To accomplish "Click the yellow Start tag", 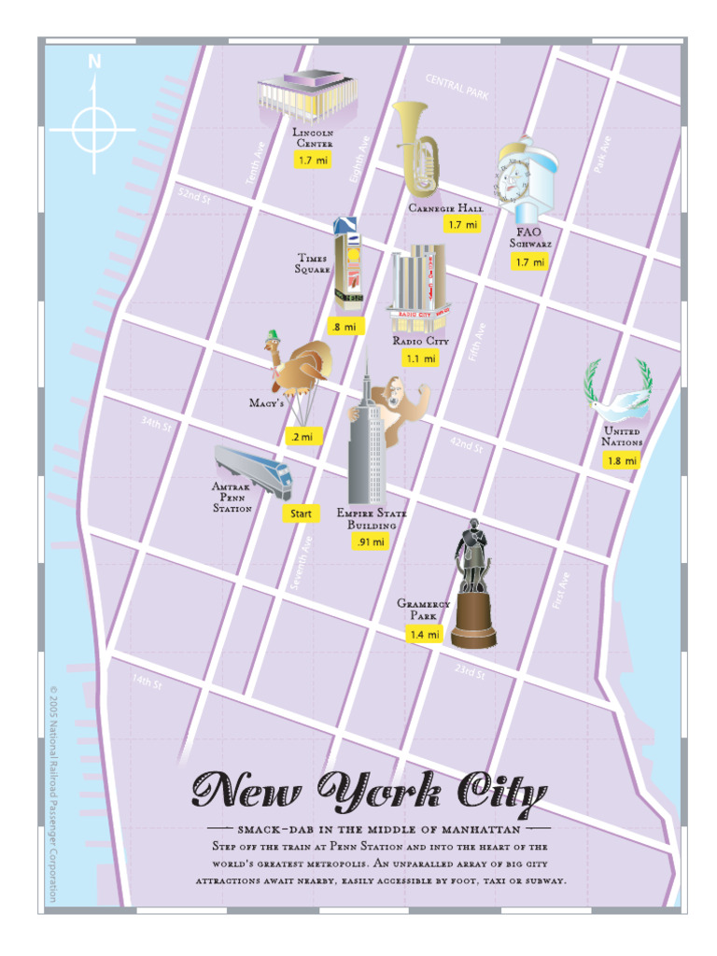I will pos(301,513).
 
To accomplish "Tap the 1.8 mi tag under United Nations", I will pos(621,461).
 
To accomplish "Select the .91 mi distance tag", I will pos(370,541).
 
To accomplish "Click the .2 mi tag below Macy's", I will pos(302,436).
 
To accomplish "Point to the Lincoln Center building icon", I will pos(307,98).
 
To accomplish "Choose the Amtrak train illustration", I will pos(253,471).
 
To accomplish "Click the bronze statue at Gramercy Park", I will pos(472,584).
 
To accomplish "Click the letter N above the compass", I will pos(94,63).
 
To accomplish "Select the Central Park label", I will pos(457,87).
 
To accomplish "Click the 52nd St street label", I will pos(195,195).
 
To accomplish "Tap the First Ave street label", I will pos(561,591).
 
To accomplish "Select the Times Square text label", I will pos(313,263).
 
